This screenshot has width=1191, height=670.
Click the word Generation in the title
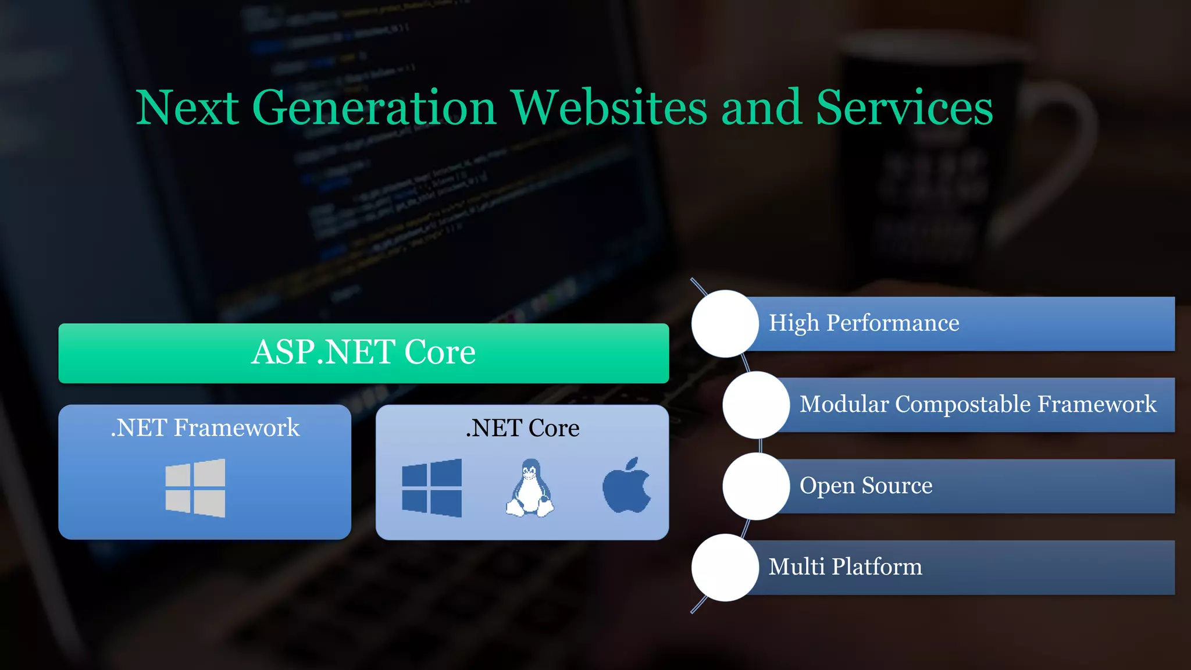[x=374, y=108]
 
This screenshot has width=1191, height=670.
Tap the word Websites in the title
[x=609, y=108]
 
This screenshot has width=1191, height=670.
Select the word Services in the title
[x=904, y=108]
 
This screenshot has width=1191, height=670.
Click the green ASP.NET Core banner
[x=363, y=353]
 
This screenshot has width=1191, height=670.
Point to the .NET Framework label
[x=205, y=428]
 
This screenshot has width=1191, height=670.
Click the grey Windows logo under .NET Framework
[x=195, y=488]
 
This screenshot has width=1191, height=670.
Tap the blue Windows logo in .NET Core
[x=432, y=488]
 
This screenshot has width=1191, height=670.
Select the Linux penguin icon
[x=530, y=488]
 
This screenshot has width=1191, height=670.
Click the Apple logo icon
[x=626, y=486]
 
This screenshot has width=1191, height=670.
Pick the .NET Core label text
[x=522, y=428]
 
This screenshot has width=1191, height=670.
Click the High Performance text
[x=864, y=323]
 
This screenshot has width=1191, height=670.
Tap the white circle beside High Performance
[x=725, y=323]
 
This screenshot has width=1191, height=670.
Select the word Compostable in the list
[x=963, y=404]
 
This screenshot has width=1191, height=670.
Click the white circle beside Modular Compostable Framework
[x=756, y=405]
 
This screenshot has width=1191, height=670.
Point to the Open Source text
[x=865, y=486]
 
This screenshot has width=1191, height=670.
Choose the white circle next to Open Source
[x=756, y=486]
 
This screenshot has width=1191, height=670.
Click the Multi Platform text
[x=845, y=566]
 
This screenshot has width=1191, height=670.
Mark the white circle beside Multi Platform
[x=725, y=567]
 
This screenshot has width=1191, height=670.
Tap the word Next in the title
[x=187, y=108]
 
